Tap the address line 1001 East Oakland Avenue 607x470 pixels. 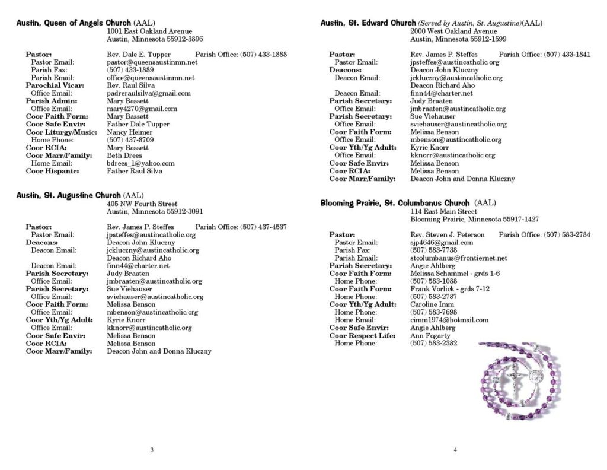(x=149, y=31)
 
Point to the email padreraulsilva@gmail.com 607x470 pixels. (x=148, y=93)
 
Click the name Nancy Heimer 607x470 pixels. (x=130, y=132)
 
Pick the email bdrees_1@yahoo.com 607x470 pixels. (x=140, y=163)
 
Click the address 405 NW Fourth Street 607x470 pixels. (x=142, y=203)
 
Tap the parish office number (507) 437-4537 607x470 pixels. (x=263, y=227)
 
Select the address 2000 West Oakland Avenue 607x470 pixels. (x=453, y=31)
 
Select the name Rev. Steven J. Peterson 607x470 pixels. (x=447, y=234)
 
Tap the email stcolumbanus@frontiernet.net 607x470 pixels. (x=458, y=258)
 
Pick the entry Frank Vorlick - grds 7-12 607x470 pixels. (x=449, y=288)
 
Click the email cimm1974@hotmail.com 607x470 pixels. (x=449, y=320)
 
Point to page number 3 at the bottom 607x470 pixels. (x=152, y=450)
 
